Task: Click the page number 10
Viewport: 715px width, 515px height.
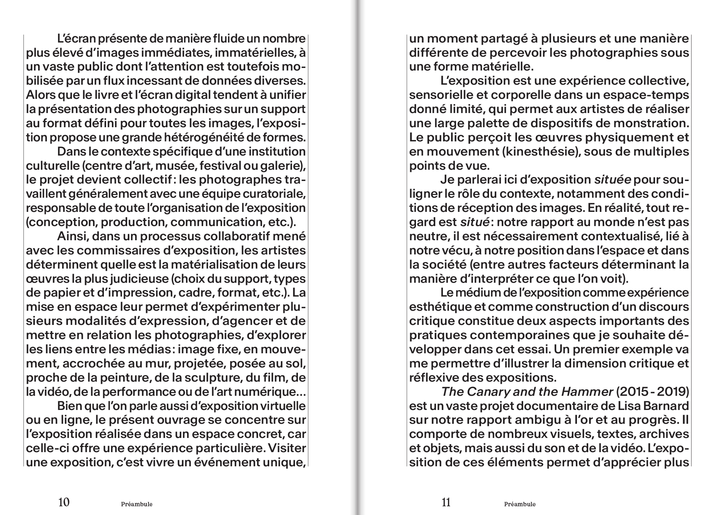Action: (64, 502)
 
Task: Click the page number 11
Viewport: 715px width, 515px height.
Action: (446, 502)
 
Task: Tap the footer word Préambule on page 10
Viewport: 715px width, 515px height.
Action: (137, 504)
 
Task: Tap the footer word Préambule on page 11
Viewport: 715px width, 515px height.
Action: (520, 504)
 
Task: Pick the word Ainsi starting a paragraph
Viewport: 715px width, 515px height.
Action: (72, 236)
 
